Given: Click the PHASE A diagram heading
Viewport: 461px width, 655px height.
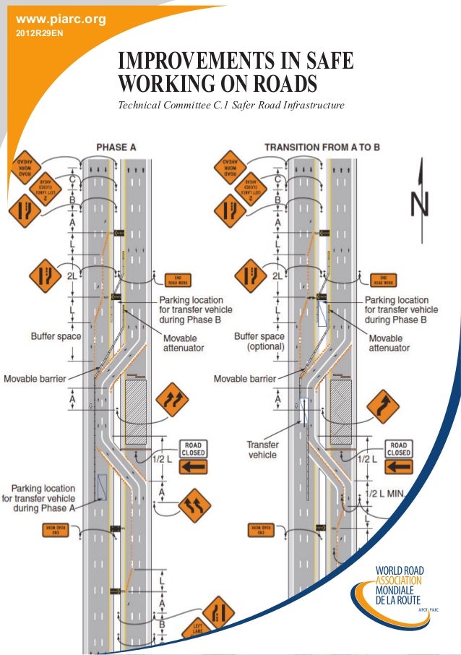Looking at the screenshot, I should coord(116,147).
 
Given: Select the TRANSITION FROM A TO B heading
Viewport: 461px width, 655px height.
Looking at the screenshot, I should coord(322,147).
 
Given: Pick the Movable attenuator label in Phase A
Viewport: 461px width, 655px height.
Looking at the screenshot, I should coord(184,343).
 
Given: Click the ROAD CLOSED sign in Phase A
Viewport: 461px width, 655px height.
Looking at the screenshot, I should coord(193,449).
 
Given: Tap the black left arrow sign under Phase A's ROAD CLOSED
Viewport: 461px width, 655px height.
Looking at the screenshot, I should coord(193,466).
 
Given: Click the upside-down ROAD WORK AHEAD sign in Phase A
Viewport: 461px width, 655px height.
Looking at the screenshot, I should coord(28,168).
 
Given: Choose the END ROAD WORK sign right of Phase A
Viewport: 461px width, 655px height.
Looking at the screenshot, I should coord(178,280).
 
